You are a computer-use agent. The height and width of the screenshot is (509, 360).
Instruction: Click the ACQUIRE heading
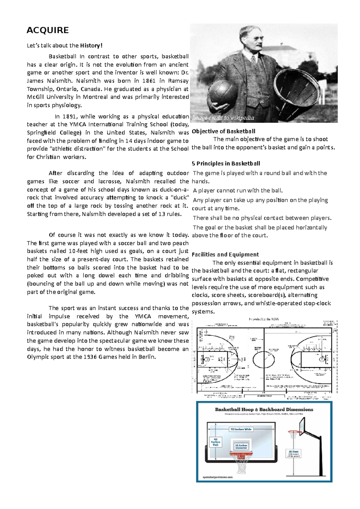pos(48,30)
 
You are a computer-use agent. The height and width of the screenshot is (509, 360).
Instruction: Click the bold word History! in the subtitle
pos(91,46)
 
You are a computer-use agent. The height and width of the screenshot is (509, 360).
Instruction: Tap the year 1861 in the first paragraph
pos(149,81)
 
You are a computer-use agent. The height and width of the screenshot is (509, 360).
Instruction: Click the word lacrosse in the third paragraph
pos(109,181)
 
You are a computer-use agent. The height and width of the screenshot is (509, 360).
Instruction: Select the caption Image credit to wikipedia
pos(223,118)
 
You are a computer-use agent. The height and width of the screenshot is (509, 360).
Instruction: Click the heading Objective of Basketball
pos(223,131)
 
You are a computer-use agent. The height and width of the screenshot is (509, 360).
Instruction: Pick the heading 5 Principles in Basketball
pos(226,164)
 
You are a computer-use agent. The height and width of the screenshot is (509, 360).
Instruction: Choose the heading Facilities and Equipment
pos(225,255)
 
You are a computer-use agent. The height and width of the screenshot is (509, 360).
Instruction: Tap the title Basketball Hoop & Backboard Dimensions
pos(264,409)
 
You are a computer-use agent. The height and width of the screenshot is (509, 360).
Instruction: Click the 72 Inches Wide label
pos(241,429)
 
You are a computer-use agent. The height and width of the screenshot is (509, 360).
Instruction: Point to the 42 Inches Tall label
pos(215,442)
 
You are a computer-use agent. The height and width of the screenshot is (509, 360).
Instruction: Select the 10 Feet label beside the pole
pos(293,453)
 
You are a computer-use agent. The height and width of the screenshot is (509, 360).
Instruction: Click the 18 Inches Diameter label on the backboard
pos(241,447)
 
